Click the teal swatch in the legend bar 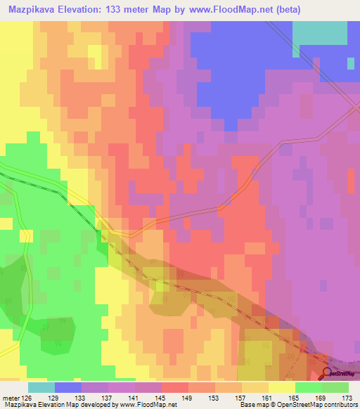click(x=41, y=387)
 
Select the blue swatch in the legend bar click(x=67, y=387)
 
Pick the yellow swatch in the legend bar click(x=281, y=387)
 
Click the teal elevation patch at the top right click(x=319, y=32)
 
